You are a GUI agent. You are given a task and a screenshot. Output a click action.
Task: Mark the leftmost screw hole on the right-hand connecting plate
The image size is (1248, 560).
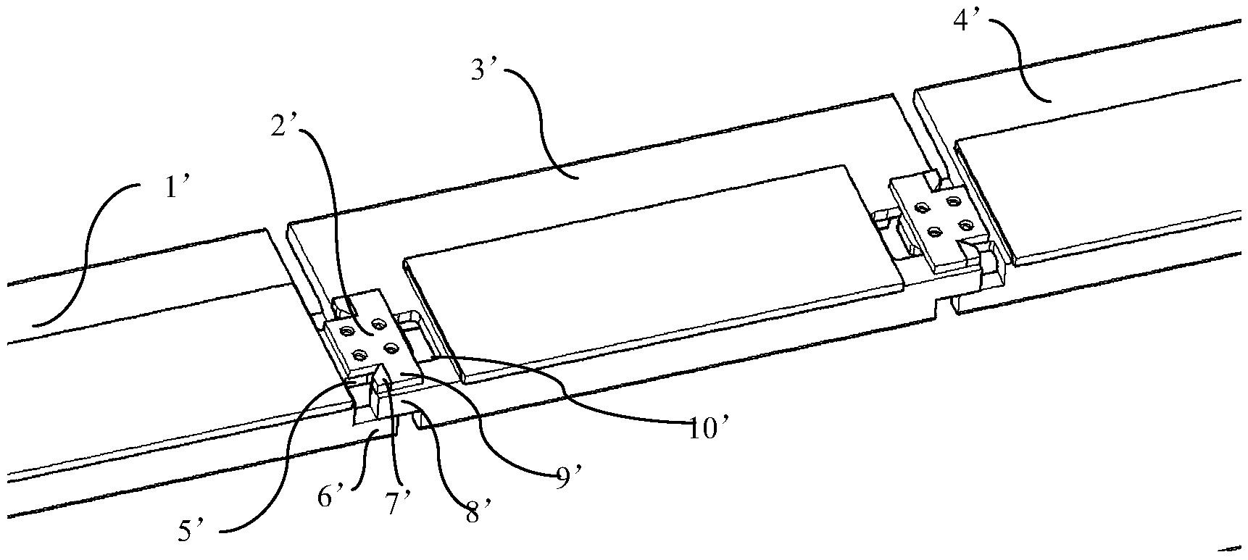(922, 209)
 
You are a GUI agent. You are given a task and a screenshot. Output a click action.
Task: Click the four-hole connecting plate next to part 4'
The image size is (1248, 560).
(941, 221)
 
